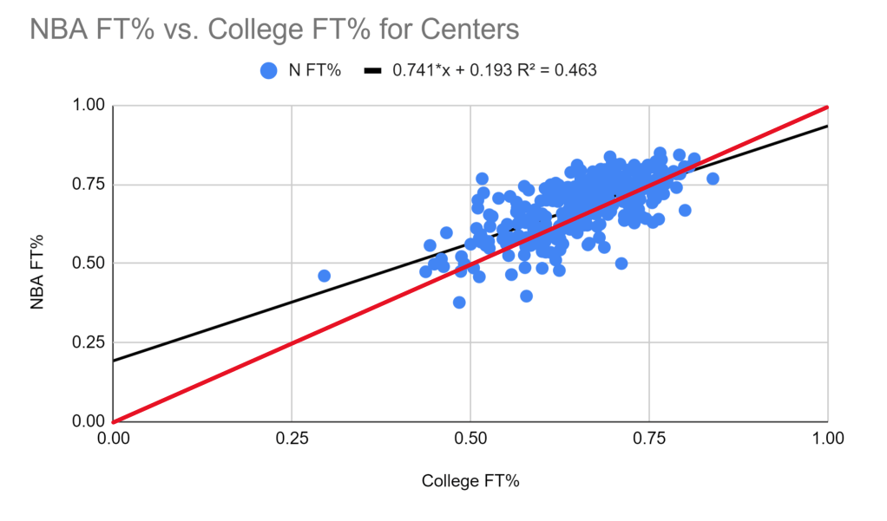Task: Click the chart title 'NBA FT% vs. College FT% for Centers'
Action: click(x=274, y=29)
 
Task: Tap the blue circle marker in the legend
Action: click(x=269, y=70)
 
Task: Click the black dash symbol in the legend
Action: click(x=373, y=70)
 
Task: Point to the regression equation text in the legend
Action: click(x=495, y=70)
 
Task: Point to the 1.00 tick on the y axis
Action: click(x=87, y=106)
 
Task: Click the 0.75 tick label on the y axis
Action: click(x=87, y=185)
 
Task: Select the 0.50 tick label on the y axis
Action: click(x=87, y=264)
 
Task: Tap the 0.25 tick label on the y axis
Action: click(x=87, y=342)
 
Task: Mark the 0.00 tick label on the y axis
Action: click(x=87, y=421)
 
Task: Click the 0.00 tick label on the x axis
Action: click(x=114, y=439)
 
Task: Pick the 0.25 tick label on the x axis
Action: click(x=292, y=439)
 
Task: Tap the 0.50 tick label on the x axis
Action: click(x=470, y=439)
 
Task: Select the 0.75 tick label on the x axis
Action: click(x=649, y=439)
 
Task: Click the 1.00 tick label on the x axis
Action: click(x=827, y=439)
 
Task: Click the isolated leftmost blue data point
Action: click(x=324, y=276)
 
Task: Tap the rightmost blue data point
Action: click(x=713, y=179)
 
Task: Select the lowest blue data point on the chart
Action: click(x=459, y=303)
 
